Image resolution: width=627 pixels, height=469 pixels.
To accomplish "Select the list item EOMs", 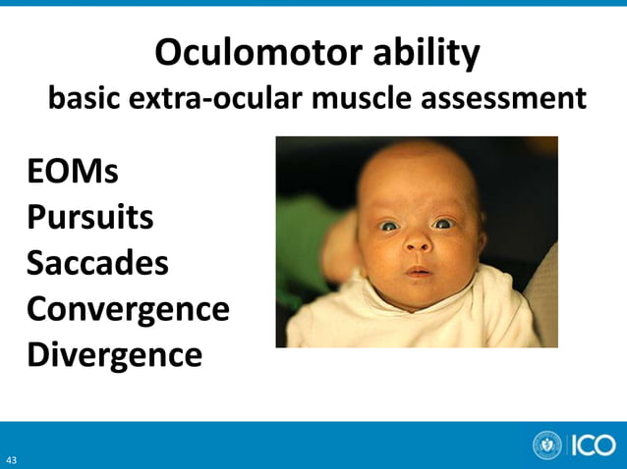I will [x=73, y=172].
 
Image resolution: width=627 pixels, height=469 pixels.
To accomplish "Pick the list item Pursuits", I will [x=89, y=217].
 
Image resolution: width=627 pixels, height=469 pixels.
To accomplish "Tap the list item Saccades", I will [x=97, y=263].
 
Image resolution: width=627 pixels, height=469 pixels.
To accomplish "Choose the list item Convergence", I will [x=128, y=308].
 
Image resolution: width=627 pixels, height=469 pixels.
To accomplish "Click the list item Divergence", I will [x=114, y=353].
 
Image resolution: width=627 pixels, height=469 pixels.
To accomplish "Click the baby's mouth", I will [x=418, y=271].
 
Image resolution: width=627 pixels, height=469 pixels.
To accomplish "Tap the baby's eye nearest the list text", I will [x=389, y=226].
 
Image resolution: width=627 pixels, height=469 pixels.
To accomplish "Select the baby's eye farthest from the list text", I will [x=443, y=224].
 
